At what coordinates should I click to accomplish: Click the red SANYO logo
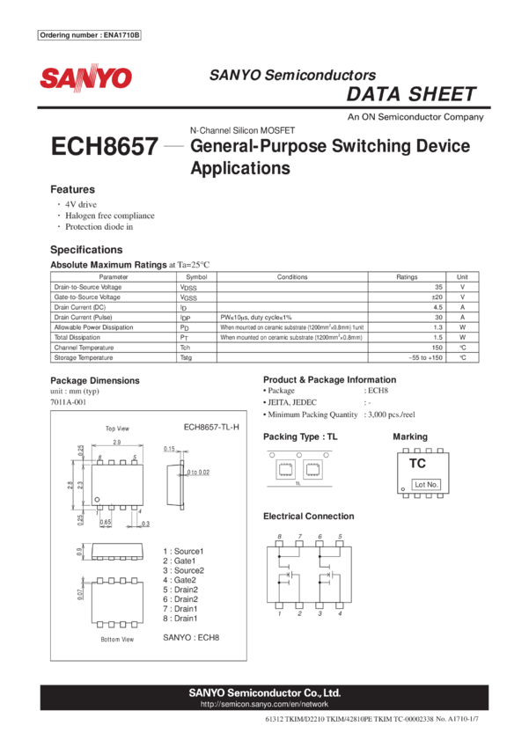coord(85,78)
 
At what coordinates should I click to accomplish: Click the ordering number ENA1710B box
coord(90,35)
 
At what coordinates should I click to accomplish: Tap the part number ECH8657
coord(105,147)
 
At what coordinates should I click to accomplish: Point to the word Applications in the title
coord(239,168)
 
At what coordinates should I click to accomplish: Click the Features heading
coord(72,189)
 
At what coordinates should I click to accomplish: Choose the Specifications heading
coord(85,249)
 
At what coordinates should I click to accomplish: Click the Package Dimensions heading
coord(94,380)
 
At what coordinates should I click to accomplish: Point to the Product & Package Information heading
coord(329,380)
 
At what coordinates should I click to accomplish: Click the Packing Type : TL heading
coord(299,436)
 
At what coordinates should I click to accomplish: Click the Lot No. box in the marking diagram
coord(426,485)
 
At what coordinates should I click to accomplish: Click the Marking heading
coord(409,436)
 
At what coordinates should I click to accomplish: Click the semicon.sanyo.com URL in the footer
coord(264,704)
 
